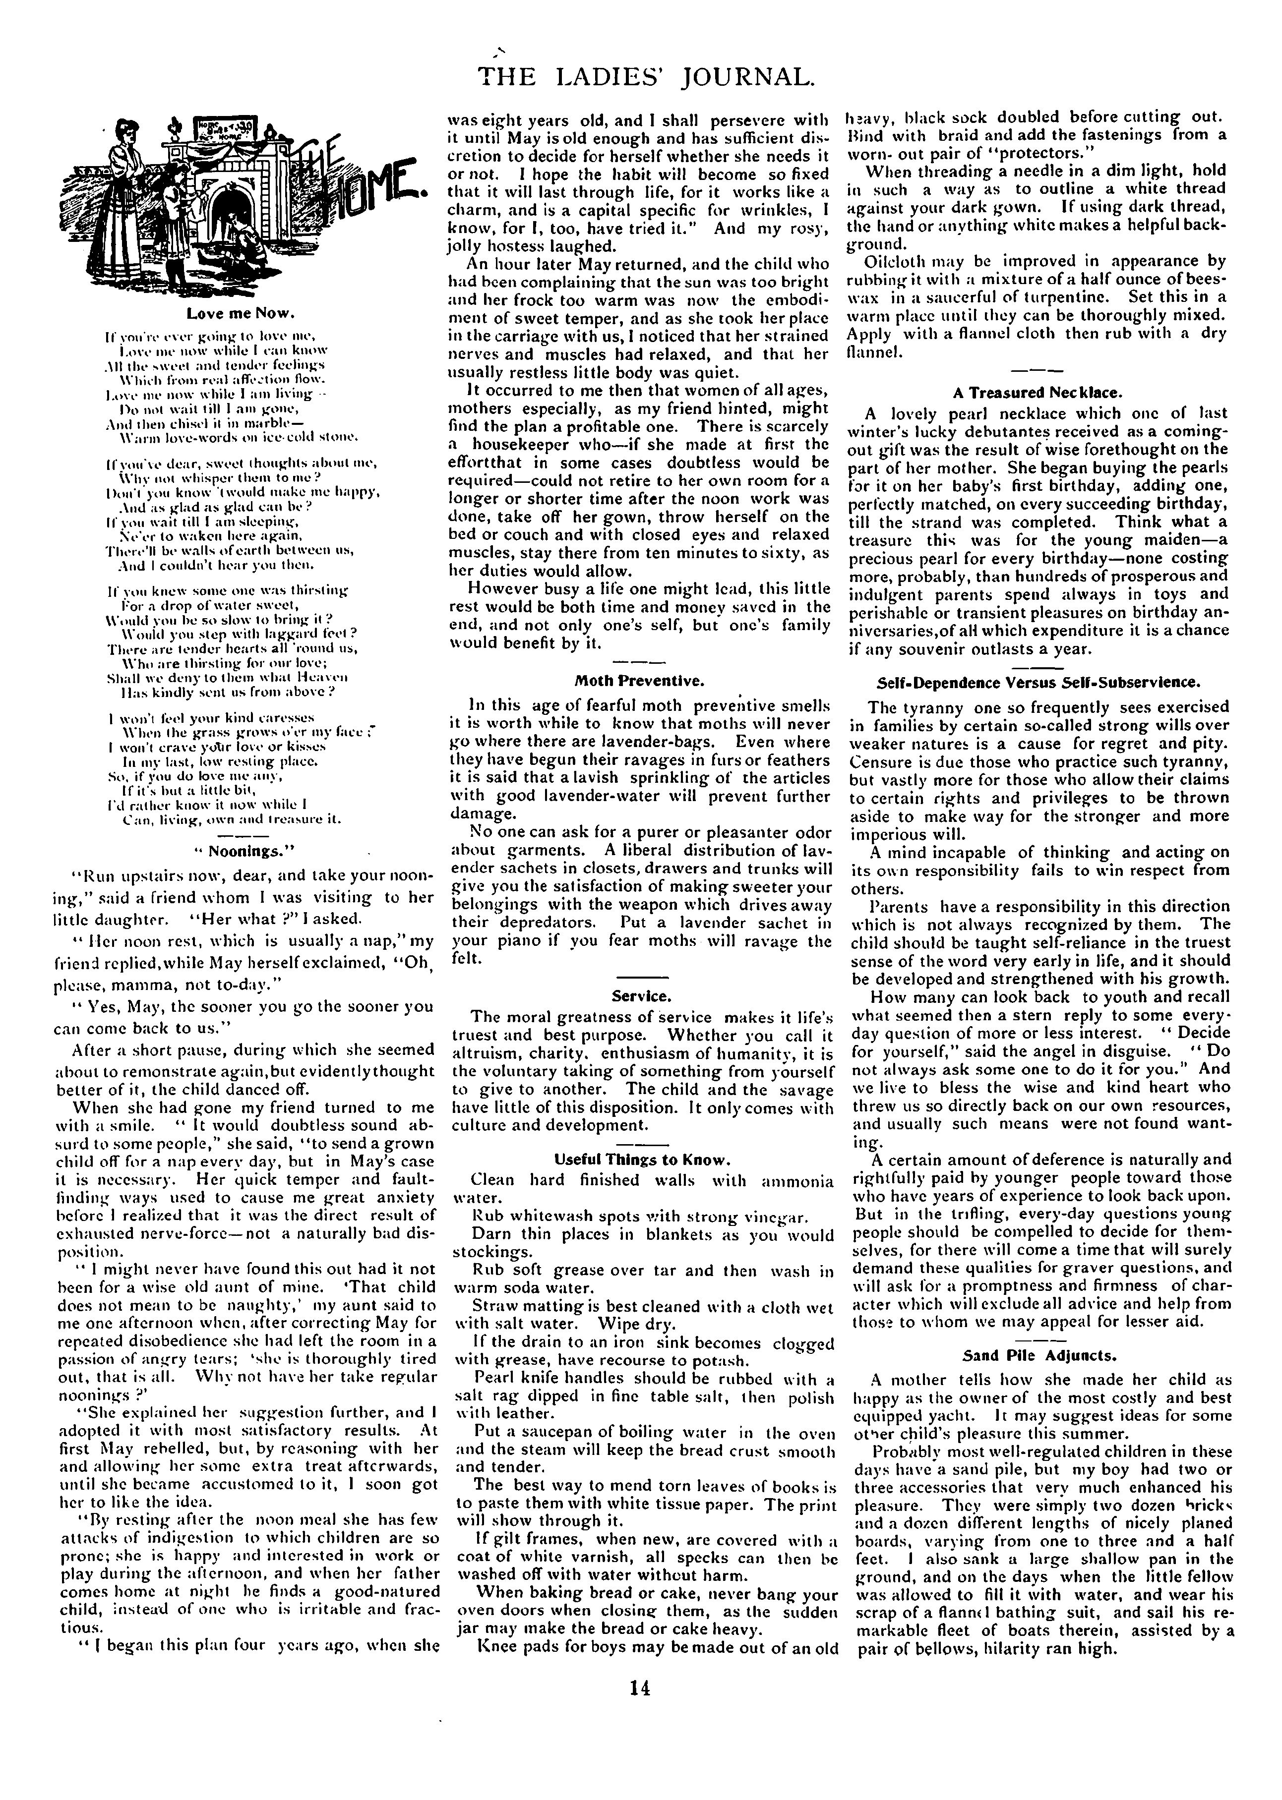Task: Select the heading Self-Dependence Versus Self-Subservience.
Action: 1039,681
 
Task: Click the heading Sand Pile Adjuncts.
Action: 1039,1356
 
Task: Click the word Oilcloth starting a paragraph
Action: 892,261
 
